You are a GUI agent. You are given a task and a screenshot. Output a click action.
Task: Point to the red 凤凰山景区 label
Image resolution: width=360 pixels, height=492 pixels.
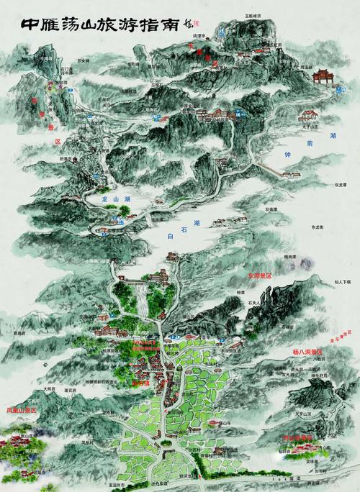coord(22,410)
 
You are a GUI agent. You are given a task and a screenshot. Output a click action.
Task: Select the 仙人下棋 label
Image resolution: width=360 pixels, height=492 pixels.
coord(337,282)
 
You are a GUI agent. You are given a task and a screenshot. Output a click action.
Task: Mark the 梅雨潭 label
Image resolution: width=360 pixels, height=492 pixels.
coord(292,257)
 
